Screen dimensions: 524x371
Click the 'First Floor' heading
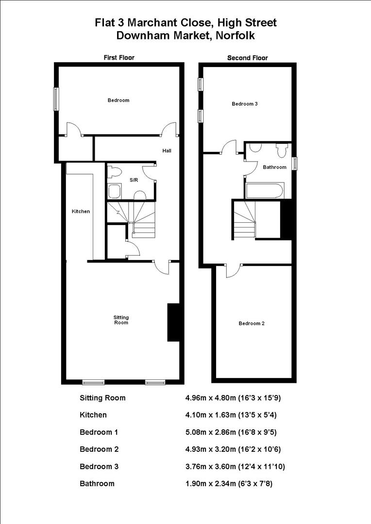[x=119, y=57]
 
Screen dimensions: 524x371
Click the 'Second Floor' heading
[x=248, y=58]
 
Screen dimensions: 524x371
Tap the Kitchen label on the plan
[x=81, y=212]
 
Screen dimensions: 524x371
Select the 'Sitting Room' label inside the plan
[x=121, y=320]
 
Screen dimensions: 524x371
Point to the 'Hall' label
[x=167, y=151]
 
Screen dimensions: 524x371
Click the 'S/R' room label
[x=134, y=180]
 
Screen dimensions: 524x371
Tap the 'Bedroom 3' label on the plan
[x=244, y=104]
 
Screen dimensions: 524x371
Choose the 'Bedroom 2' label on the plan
[x=251, y=324]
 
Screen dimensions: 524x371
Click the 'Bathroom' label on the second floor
[x=274, y=167]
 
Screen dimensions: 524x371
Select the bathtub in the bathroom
[x=264, y=190]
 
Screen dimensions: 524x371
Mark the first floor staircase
[x=131, y=218]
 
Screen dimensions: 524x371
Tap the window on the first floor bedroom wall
[x=56, y=98]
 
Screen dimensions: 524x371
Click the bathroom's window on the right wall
[x=294, y=164]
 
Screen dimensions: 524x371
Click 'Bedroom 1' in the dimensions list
[x=99, y=432]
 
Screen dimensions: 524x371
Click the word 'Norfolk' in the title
[x=232, y=35]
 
